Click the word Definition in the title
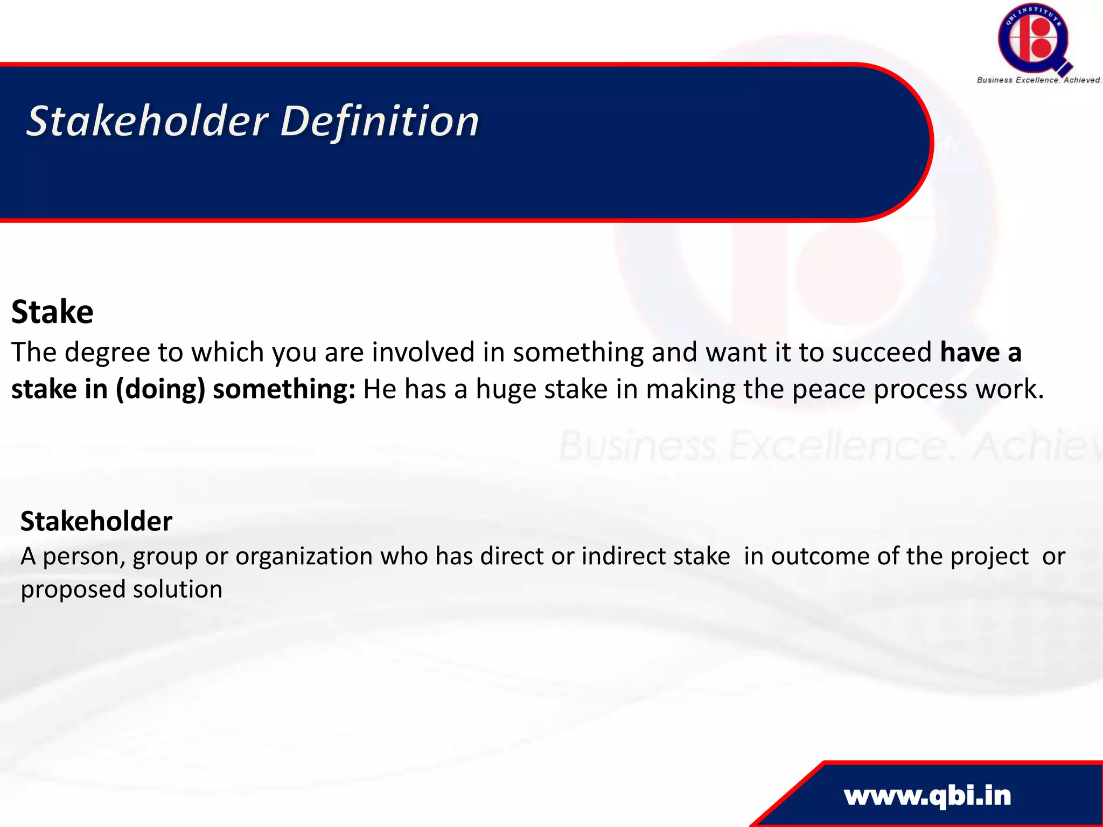[x=380, y=121]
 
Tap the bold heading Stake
[x=52, y=312]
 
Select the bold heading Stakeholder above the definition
[x=96, y=521]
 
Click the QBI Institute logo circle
[x=1033, y=39]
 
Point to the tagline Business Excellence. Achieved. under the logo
[x=1039, y=80]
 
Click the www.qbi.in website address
[x=927, y=796]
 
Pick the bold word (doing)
[x=160, y=389]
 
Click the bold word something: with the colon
[x=284, y=389]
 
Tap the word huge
[x=506, y=389]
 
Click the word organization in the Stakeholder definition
[x=304, y=557]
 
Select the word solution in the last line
[x=178, y=589]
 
